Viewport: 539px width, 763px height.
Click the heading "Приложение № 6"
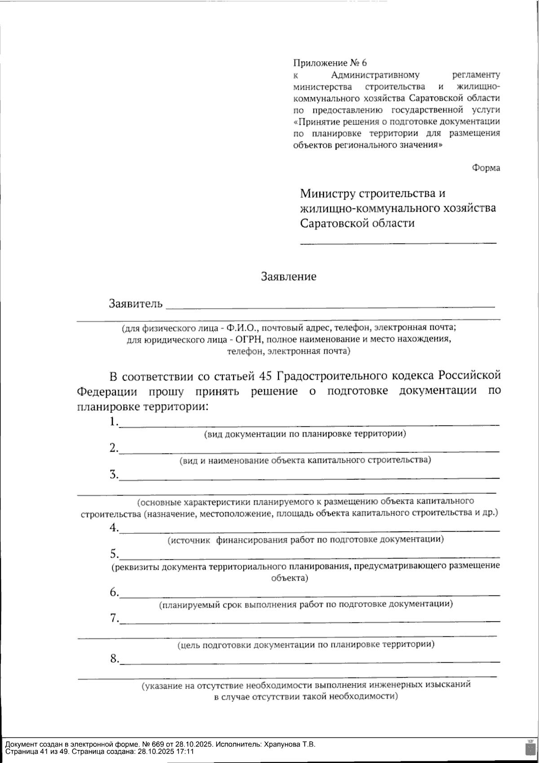pyautogui.click(x=330, y=63)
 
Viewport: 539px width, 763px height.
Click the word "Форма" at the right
pyautogui.click(x=486, y=168)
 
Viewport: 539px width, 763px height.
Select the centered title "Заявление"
pyautogui.click(x=289, y=276)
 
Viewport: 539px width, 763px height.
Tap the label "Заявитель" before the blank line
pyautogui.click(x=135, y=304)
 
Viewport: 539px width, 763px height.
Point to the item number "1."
pyautogui.click(x=114, y=422)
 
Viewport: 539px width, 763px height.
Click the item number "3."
pyautogui.click(x=114, y=475)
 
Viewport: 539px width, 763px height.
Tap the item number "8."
pyautogui.click(x=114, y=659)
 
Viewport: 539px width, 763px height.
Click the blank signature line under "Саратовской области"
pyautogui.click(x=398, y=243)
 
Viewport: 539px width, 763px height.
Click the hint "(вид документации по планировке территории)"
pyautogui.click(x=305, y=434)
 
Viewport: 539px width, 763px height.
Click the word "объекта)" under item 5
pyautogui.click(x=289, y=578)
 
